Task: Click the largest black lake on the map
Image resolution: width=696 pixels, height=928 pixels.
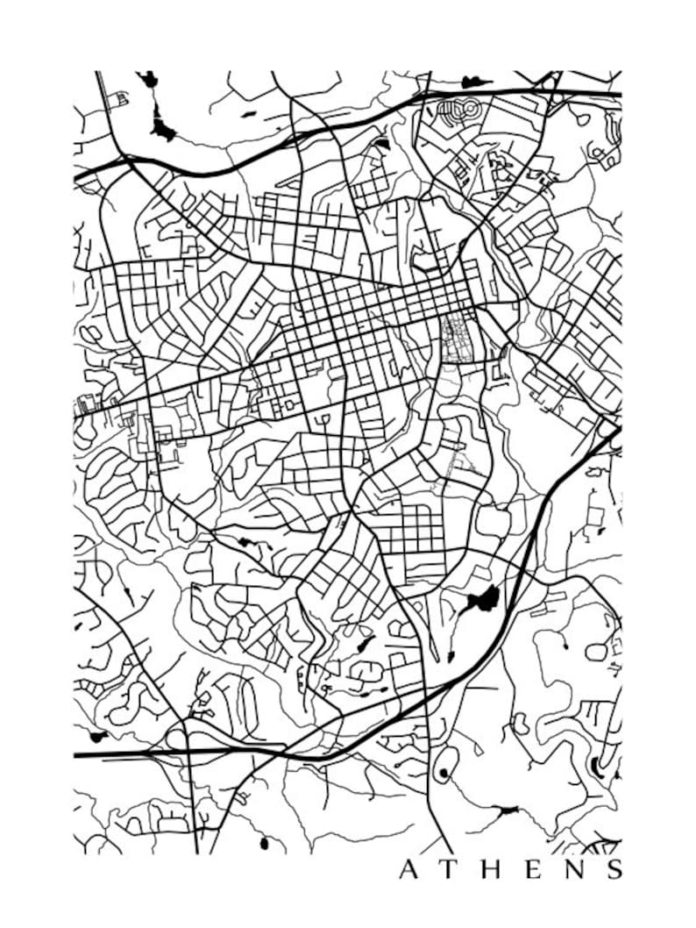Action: [x=482, y=600]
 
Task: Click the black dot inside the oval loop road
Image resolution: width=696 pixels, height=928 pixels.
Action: [x=443, y=772]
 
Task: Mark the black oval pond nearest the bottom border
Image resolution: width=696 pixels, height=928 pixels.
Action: [x=263, y=843]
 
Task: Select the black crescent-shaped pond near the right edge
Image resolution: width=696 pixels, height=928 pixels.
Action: [x=598, y=765]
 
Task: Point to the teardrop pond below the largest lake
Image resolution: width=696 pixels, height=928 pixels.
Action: [x=451, y=656]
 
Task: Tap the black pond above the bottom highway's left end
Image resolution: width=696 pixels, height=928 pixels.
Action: [x=97, y=735]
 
